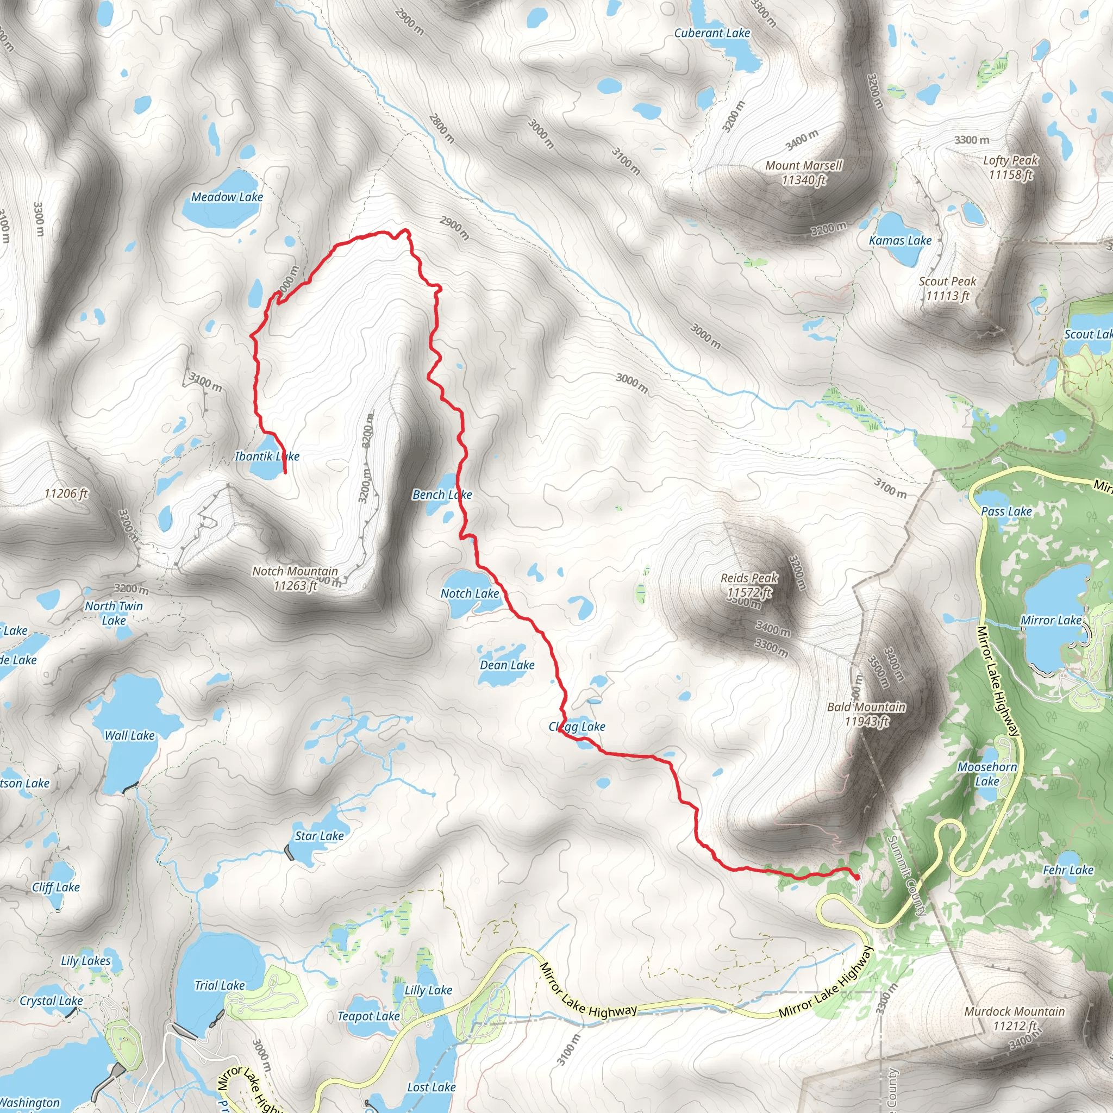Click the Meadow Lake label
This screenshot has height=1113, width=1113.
click(x=227, y=197)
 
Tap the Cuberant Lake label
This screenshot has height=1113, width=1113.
click(x=712, y=33)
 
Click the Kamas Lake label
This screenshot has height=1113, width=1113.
click(x=900, y=241)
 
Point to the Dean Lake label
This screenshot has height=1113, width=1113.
click(x=507, y=665)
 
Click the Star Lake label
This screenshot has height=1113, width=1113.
click(x=319, y=836)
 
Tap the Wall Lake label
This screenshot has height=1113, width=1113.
click(x=130, y=736)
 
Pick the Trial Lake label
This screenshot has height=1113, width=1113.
click(x=220, y=986)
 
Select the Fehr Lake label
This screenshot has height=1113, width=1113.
click(x=1068, y=870)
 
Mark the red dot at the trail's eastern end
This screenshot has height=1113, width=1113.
click(x=856, y=877)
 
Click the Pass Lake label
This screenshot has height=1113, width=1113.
click(x=1006, y=511)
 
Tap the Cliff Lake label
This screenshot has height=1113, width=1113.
click(x=56, y=887)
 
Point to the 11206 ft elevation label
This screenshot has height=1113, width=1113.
click(x=66, y=493)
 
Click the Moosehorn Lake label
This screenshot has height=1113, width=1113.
click(x=987, y=774)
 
